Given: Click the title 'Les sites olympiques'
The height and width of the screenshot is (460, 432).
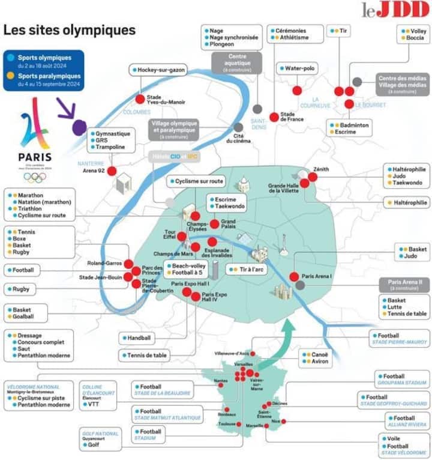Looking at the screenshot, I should click(x=70, y=29).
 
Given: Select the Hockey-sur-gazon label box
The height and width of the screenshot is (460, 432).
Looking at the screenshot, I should click(x=158, y=70).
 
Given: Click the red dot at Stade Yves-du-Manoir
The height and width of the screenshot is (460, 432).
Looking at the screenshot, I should click(x=140, y=99).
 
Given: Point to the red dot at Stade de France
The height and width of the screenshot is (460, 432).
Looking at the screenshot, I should click(x=274, y=117).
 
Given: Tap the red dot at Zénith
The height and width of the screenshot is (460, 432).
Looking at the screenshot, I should click(x=313, y=177).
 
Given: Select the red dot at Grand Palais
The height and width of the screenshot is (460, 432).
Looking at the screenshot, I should click(x=214, y=224).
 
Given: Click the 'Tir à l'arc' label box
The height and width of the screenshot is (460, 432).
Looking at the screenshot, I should click(x=247, y=270).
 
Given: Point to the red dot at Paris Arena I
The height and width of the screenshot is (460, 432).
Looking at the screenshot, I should click(x=294, y=277).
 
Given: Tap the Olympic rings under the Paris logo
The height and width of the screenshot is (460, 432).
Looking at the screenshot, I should click(x=34, y=177).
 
